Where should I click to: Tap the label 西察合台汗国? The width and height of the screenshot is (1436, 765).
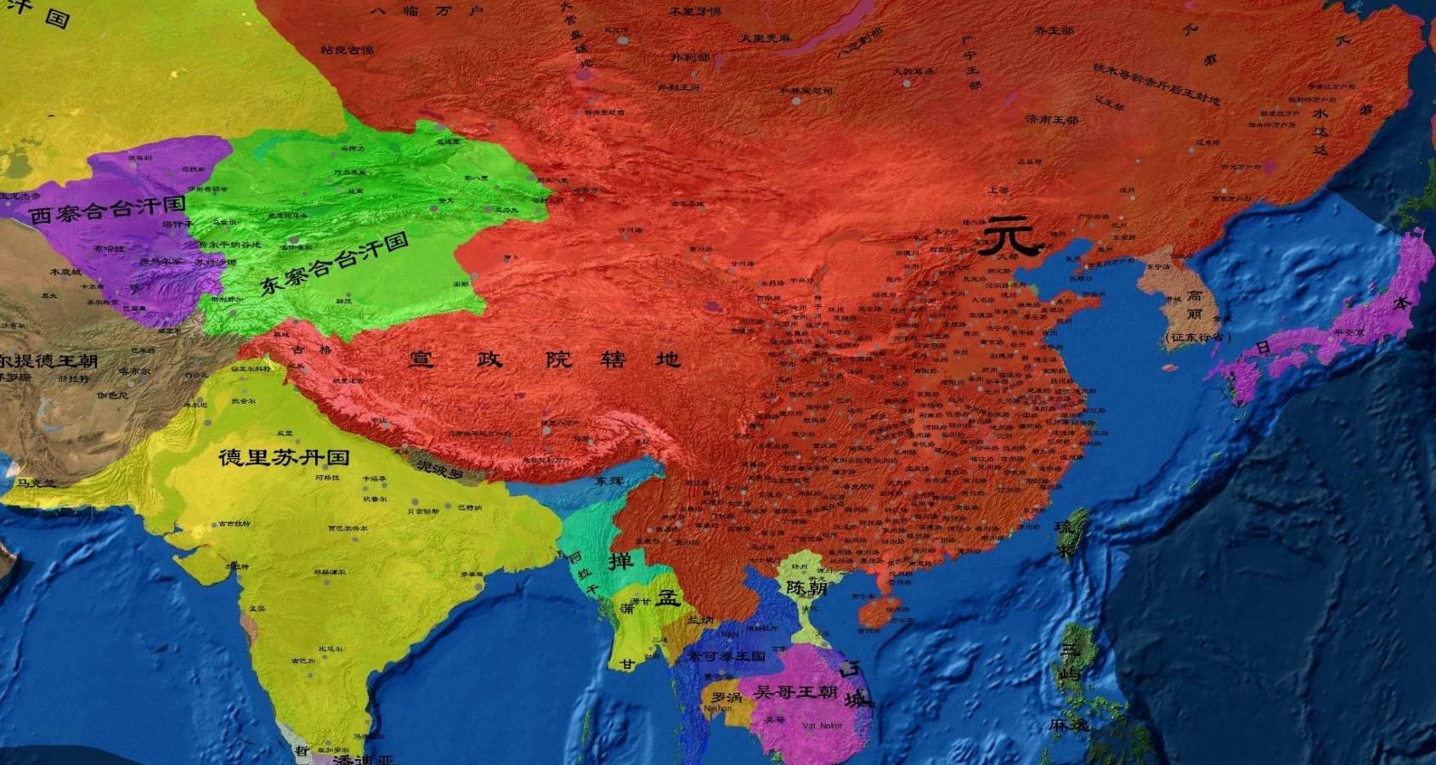[107, 210]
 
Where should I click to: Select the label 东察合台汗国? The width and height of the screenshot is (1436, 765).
[334, 264]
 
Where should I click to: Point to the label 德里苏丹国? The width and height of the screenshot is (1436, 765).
[284, 457]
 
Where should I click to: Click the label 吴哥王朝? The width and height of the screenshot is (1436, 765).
[795, 692]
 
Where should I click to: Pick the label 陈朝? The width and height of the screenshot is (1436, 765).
[806, 588]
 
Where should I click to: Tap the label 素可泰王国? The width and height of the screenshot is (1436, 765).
[727, 656]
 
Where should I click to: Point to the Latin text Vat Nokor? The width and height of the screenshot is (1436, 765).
[823, 726]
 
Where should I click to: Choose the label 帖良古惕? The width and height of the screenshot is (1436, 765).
[347, 50]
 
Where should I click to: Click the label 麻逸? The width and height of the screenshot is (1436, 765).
[1069, 725]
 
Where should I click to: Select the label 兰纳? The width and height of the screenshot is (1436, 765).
[700, 620]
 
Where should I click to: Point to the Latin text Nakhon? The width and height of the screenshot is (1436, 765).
[717, 708]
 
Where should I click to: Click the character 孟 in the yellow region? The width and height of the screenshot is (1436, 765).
[668, 598]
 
